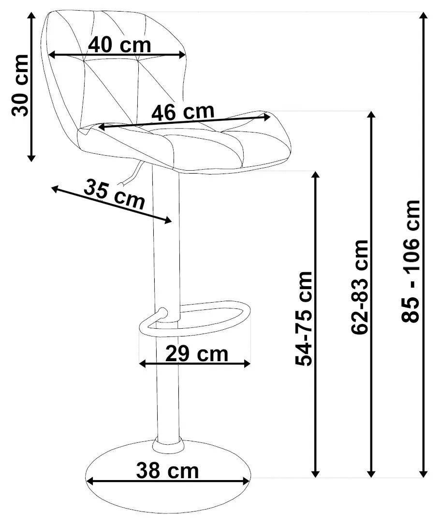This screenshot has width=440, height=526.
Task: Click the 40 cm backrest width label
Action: tap(119, 45)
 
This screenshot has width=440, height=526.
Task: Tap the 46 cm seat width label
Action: tap(183, 112)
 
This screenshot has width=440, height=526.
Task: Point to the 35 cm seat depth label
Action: tap(114, 194)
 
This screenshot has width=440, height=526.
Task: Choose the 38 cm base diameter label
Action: tap(167, 470)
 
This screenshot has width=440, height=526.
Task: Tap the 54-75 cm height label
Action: tap(304, 318)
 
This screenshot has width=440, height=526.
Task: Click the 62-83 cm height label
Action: tap(360, 287)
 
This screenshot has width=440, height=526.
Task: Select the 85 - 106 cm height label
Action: tap(411, 262)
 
